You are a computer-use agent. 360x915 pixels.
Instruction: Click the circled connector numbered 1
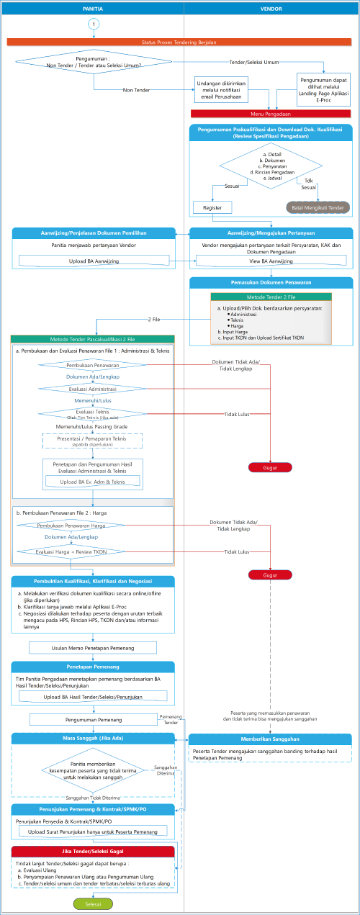tap(93, 24)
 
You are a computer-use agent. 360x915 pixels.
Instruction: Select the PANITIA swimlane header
tap(92, 7)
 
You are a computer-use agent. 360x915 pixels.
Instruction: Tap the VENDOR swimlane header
tap(270, 7)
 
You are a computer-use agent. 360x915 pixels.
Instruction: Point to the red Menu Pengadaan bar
tap(271, 114)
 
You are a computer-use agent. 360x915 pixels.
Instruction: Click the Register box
tap(212, 207)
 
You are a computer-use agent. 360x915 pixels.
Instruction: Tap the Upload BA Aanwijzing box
tap(94, 261)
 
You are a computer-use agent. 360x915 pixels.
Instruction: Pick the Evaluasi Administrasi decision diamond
tap(91, 388)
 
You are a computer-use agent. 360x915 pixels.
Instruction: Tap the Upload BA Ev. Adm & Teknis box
tap(92, 481)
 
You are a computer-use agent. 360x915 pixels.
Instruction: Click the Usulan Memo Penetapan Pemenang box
tap(92, 648)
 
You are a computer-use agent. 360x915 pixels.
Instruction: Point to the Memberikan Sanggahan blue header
tap(270, 739)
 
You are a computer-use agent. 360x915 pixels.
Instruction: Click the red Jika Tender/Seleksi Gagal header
tap(93, 851)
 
